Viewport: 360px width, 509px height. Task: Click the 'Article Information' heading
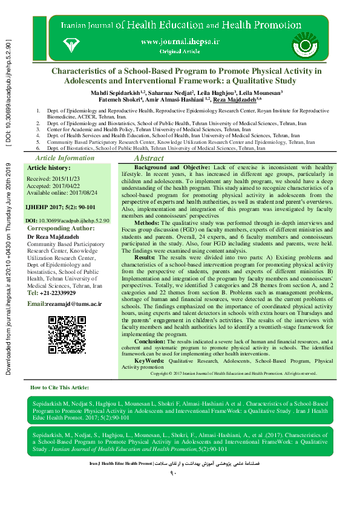[x=61, y=158]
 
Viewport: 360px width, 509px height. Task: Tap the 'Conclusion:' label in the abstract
[x=154, y=341]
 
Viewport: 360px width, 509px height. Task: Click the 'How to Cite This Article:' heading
[x=60, y=386]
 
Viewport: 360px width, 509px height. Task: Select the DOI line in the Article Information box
[x=67, y=221]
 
